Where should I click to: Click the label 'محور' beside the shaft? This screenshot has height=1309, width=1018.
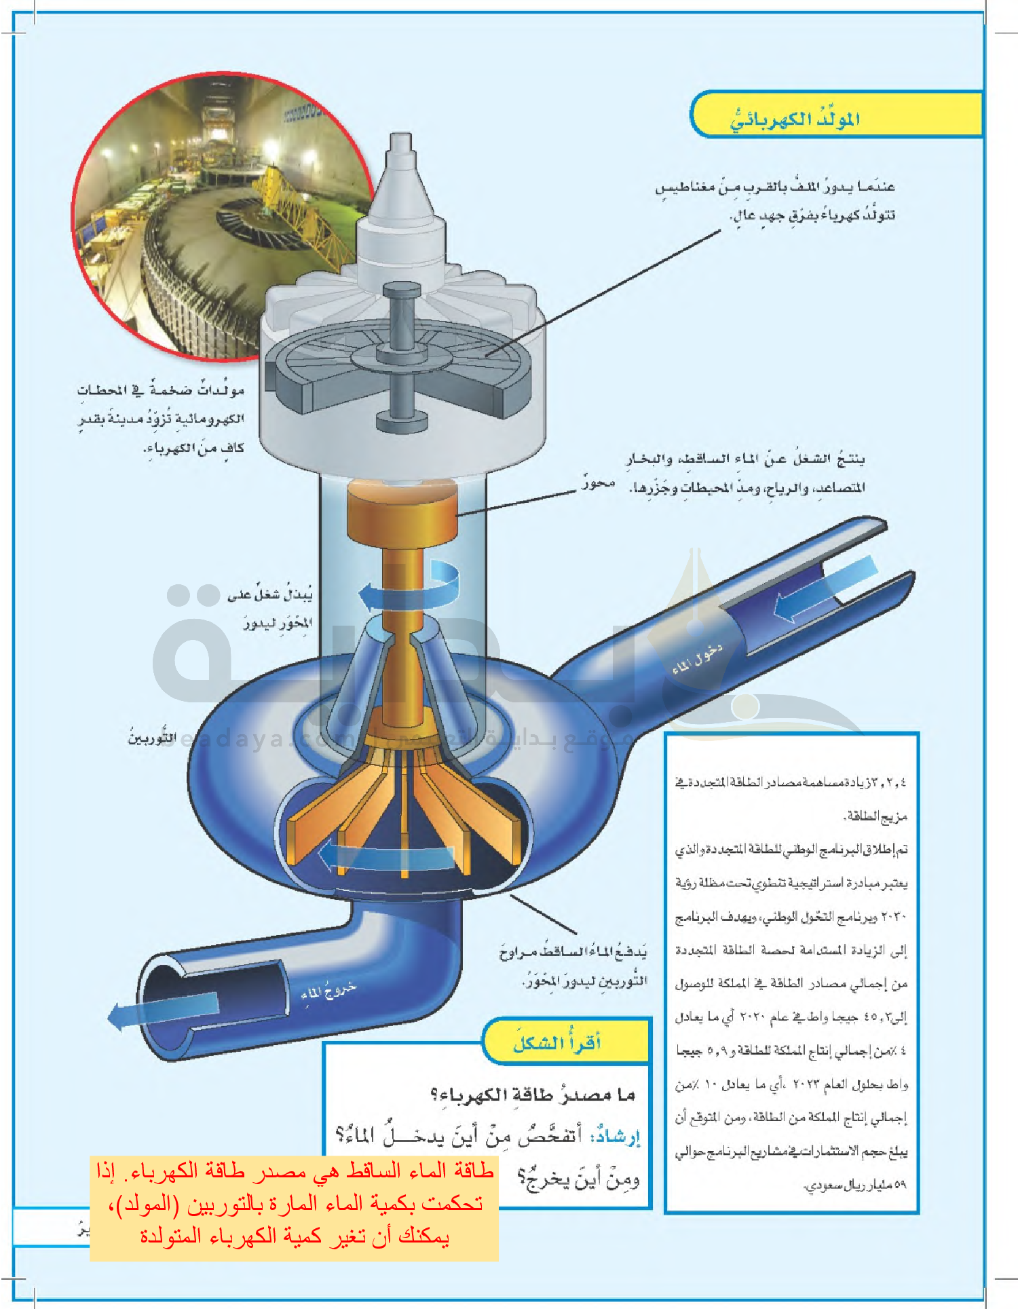(598, 483)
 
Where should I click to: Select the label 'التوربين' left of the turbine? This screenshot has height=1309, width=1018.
(152, 738)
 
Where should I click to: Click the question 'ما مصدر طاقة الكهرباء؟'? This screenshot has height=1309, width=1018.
(533, 1095)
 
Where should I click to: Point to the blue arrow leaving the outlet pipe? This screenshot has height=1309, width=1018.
(163, 1011)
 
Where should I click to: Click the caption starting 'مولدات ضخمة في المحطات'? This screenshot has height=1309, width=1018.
(161, 419)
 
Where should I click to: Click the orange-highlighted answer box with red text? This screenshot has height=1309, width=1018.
(295, 1209)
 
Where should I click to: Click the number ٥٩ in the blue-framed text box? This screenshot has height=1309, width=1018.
(899, 1184)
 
